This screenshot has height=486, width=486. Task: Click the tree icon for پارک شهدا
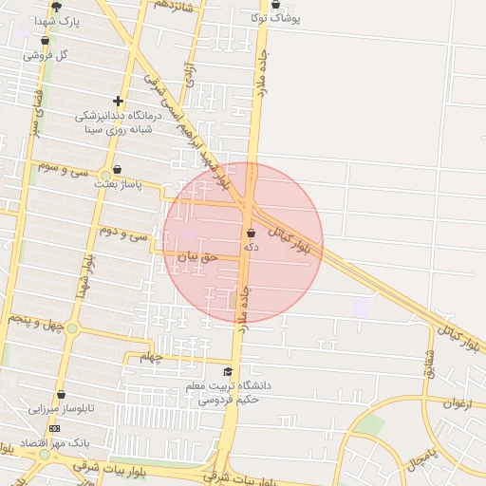[57, 7]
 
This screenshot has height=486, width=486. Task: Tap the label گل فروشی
[47, 55]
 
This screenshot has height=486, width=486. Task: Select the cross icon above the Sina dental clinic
[118, 101]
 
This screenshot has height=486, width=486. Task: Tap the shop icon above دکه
[251, 234]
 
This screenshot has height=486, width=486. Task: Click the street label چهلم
[152, 357]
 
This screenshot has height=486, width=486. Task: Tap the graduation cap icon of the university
[228, 372]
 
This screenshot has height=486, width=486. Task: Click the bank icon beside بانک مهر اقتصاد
[54, 428]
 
